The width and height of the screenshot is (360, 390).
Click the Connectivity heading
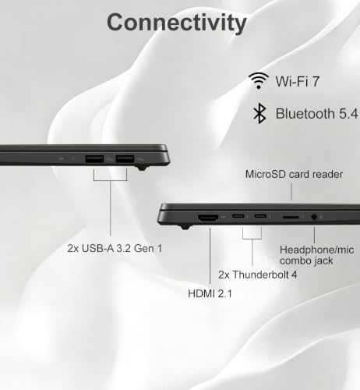tap(177, 23)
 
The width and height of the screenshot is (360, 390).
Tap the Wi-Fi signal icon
tap(259, 80)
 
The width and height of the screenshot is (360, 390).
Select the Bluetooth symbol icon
tap(259, 113)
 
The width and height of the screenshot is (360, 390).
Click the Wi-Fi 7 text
tap(297, 81)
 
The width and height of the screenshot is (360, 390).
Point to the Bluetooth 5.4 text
tap(317, 114)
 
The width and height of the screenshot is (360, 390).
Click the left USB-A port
tap(94, 159)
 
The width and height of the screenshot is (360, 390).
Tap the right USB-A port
tap(125, 159)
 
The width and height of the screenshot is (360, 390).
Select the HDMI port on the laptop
tap(208, 218)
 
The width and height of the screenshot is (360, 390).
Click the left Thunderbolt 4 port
tap(238, 216)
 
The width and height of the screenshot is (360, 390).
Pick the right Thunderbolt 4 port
tap(260, 216)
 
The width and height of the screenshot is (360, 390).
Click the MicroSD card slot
tap(291, 217)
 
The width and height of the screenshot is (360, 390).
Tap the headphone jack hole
tap(314, 217)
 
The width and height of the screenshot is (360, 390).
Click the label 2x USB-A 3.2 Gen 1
tap(115, 248)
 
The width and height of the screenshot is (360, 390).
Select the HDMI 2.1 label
tap(210, 294)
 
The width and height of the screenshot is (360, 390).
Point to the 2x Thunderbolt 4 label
tap(257, 275)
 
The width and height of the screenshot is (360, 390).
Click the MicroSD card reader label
tap(294, 174)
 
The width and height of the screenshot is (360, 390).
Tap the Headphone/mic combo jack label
tap(317, 255)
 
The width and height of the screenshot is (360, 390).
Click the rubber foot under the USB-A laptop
tap(142, 168)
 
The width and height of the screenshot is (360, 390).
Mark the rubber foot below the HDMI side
tap(185, 228)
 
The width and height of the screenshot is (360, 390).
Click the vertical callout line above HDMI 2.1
tap(210, 256)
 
